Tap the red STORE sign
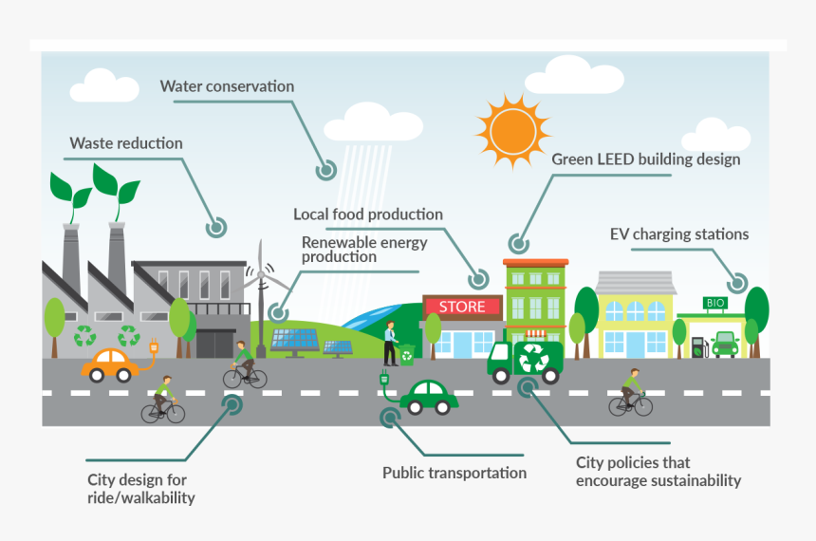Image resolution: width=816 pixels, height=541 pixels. (x=462, y=307)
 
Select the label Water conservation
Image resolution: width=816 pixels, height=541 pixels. (x=227, y=86)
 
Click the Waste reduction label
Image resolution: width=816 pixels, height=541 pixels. (x=125, y=143)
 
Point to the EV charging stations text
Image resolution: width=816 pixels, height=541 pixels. (x=678, y=233)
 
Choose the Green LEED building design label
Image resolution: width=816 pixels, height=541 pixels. (x=645, y=159)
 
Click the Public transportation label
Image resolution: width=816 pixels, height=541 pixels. (x=454, y=472)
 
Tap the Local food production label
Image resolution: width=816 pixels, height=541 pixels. (x=367, y=215)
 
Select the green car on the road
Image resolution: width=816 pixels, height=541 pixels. (x=429, y=397)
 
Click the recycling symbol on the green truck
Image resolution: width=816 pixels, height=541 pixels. (x=532, y=359)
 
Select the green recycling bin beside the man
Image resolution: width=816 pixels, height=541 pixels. (x=407, y=355)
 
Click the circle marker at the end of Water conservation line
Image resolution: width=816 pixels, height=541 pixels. (x=326, y=171)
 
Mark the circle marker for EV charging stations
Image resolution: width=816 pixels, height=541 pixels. (x=736, y=282)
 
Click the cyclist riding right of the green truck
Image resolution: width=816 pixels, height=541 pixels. (x=631, y=393)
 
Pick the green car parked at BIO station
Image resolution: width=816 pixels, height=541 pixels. (x=725, y=344)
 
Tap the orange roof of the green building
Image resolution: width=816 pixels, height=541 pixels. (x=535, y=262)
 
